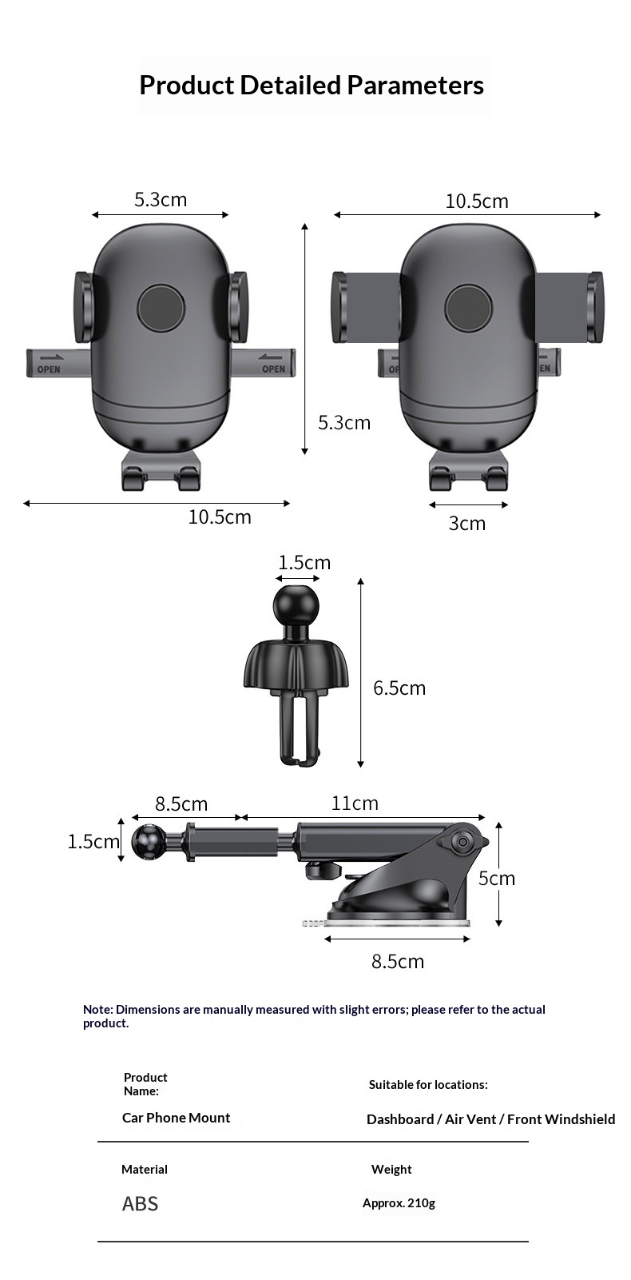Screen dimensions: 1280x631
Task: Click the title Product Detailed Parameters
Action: tap(312, 85)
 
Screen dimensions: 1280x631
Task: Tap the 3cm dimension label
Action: tap(467, 524)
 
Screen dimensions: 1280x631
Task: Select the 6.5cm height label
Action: tap(399, 688)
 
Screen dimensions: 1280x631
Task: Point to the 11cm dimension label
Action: tap(355, 803)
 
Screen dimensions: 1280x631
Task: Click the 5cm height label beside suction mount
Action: tap(497, 878)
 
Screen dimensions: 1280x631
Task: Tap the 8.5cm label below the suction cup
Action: tap(397, 961)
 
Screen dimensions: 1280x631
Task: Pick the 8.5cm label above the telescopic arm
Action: tap(181, 803)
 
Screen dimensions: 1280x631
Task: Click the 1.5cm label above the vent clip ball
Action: tap(304, 563)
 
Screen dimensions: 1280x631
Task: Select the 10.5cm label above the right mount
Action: tap(477, 201)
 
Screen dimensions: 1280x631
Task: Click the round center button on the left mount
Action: tap(161, 308)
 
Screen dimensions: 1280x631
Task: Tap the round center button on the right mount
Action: tap(469, 308)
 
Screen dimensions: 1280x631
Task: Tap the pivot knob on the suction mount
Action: tap(462, 842)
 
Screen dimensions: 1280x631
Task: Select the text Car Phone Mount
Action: tap(176, 1118)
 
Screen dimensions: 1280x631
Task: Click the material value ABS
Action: tap(140, 1203)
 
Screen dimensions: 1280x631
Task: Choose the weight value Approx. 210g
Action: tap(399, 1203)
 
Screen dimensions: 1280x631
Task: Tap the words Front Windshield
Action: tap(561, 1119)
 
